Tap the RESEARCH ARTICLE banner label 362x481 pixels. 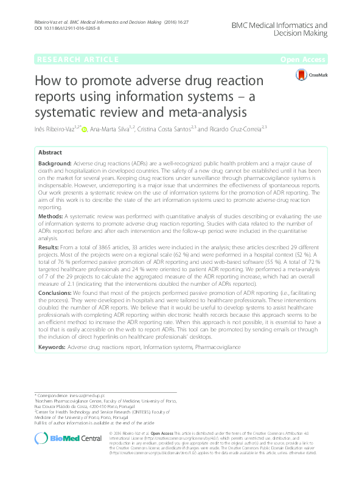coord(78,59)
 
